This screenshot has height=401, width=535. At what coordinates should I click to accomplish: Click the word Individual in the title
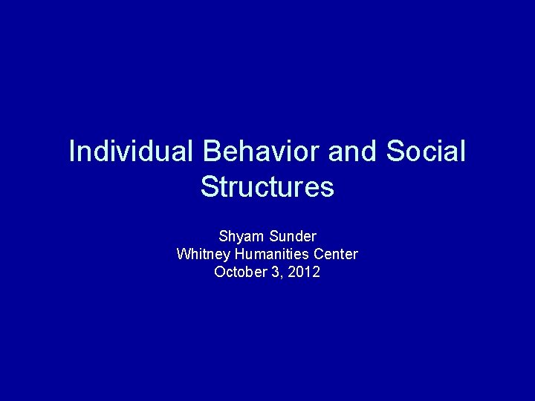tap(130, 151)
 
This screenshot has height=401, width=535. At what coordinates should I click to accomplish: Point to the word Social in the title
tap(426, 151)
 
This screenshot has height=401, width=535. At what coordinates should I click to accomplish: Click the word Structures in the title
tap(267, 186)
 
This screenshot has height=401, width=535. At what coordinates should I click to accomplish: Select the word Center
tap(338, 255)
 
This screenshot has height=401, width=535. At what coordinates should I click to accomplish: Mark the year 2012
tap(305, 273)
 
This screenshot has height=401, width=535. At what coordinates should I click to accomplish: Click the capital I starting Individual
tap(71, 151)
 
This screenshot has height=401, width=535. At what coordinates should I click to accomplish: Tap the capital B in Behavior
tap(209, 151)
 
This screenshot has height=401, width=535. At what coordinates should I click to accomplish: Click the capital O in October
tap(220, 273)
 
